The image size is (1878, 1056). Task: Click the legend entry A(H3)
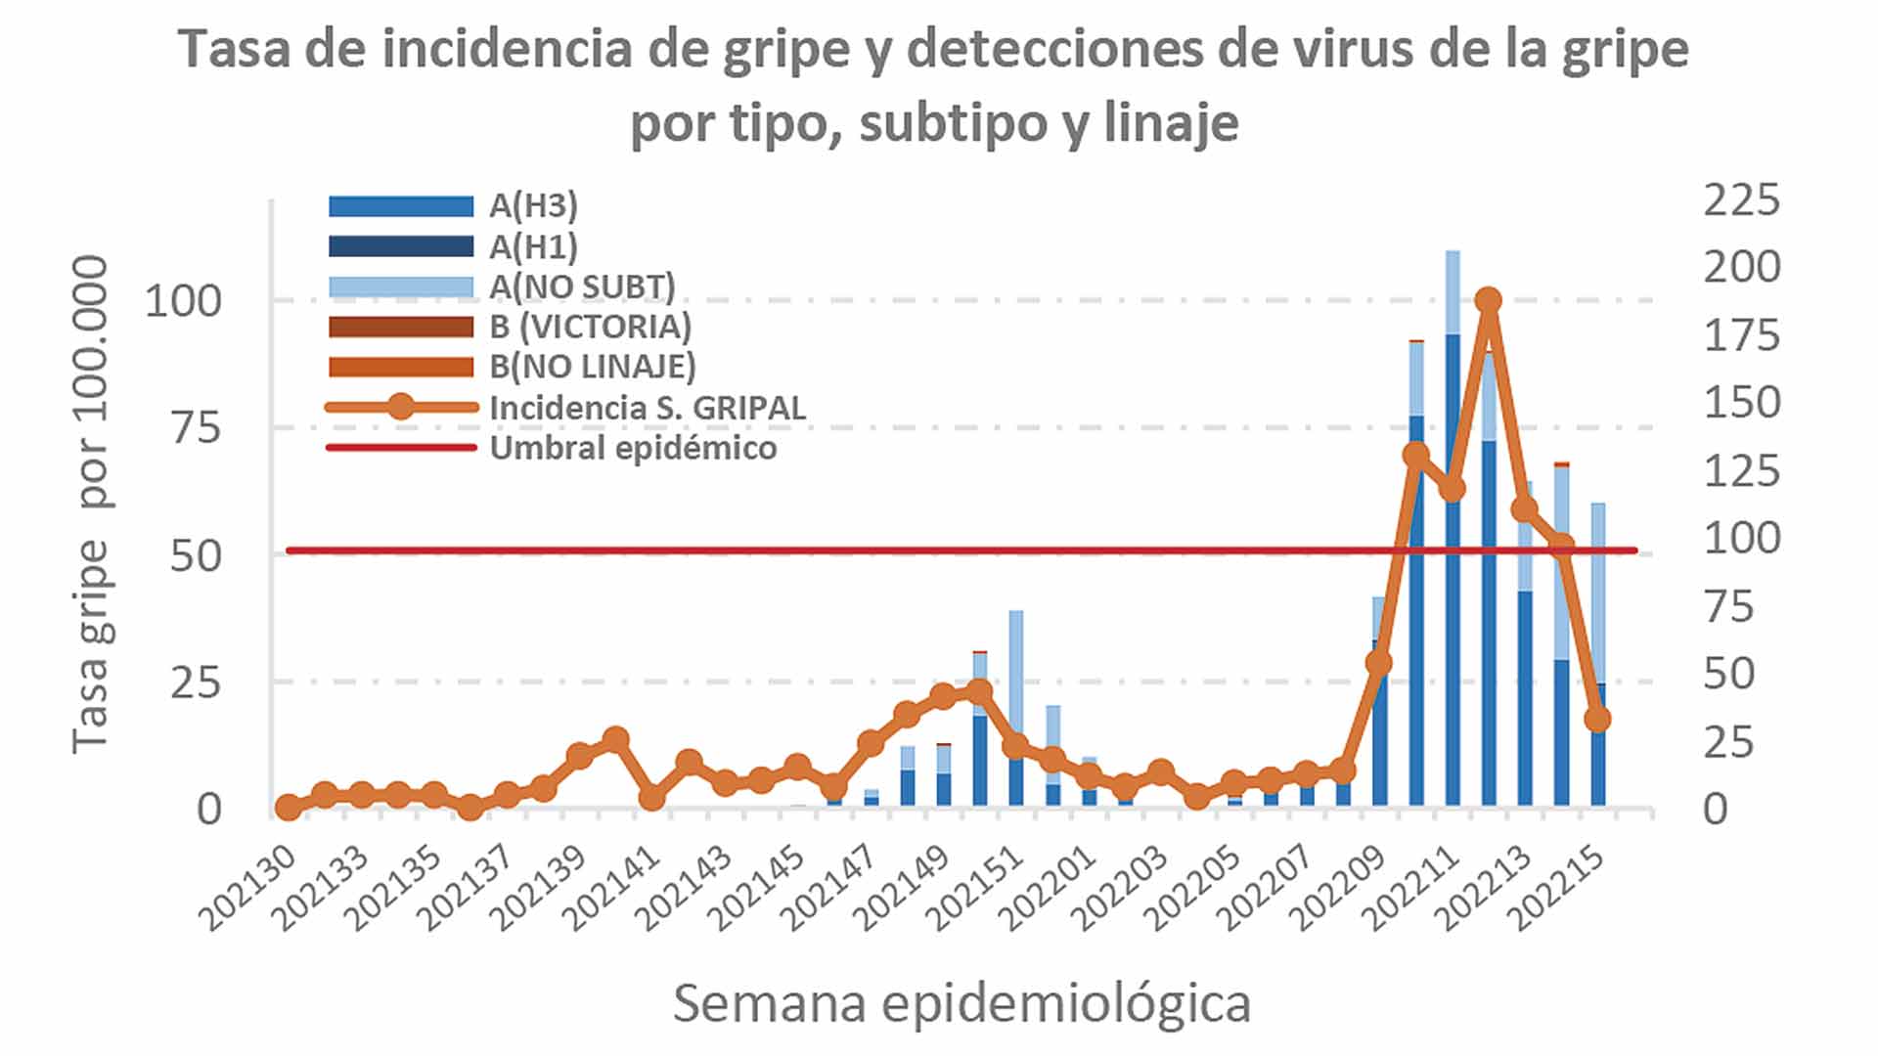534,206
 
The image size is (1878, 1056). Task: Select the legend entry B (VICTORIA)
590,327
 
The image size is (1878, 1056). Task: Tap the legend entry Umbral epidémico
633,449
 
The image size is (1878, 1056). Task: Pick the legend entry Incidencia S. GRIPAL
648,408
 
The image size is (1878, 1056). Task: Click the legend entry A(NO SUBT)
582,286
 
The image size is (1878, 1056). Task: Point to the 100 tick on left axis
183,301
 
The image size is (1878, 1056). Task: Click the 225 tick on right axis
1741,200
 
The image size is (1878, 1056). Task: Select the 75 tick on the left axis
196,428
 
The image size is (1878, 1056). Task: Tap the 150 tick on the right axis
1741,403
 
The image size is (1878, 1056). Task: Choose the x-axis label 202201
1050,888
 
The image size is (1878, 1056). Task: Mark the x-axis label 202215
1559,888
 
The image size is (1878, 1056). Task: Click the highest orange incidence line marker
1489,300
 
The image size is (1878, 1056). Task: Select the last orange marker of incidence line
1597,719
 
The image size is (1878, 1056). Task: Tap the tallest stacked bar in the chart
1453,528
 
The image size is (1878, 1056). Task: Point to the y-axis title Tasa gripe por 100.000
91,504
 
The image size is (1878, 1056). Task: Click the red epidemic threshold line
782,550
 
